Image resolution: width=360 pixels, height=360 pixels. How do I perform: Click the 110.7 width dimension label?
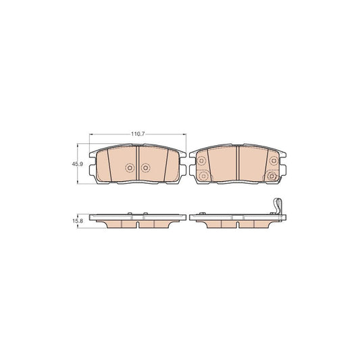(138, 134)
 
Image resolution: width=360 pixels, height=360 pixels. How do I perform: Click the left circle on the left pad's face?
(130, 168)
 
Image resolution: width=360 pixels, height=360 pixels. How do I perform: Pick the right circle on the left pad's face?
(145, 168)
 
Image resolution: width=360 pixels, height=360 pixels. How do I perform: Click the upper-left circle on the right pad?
(201, 161)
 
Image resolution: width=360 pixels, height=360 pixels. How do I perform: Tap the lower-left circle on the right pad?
(203, 176)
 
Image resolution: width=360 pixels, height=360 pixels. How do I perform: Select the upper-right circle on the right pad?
(274, 161)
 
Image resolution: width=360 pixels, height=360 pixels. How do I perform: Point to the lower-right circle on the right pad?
(272, 176)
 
